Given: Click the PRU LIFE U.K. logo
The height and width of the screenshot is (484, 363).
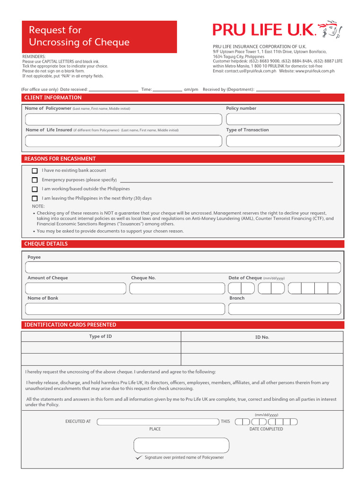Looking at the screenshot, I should coord(277,31).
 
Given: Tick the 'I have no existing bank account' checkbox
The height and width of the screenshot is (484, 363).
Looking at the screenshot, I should coord(35,171).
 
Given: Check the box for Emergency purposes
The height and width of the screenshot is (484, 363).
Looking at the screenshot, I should coord(35,180).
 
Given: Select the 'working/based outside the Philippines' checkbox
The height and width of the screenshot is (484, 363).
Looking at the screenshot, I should coord(35,189).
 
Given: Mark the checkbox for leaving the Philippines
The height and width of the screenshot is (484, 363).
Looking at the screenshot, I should coord(35,199).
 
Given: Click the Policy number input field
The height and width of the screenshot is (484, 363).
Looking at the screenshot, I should coord(283,119).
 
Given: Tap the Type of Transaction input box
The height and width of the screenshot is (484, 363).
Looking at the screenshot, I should coord(283,141).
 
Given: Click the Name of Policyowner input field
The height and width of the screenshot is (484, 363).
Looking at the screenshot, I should coord(123,119).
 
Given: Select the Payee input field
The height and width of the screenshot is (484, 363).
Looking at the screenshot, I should coord(183,268).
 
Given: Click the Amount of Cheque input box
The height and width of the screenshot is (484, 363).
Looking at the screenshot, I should coord(76,288).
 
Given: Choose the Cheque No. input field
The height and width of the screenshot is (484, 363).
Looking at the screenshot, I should coord(175,288).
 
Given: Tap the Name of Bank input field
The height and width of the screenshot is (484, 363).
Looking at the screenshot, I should coord(125,309).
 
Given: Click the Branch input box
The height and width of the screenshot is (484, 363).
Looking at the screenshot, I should coord(284,309).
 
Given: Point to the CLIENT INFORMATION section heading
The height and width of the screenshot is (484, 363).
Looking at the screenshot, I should coord(53,98).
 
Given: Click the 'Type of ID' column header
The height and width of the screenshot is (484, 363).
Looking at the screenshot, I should coord(101,337).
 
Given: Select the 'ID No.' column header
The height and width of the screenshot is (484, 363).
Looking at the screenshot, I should coord(262,337).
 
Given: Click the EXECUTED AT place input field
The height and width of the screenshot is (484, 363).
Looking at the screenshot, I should coord(157,422).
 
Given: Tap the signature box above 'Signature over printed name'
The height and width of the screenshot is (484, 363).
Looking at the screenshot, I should coord(181,445).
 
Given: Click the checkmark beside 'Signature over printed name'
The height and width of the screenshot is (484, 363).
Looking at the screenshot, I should coord(138,458).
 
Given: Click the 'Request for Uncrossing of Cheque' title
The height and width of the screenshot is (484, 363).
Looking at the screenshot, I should coord(79,36).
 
